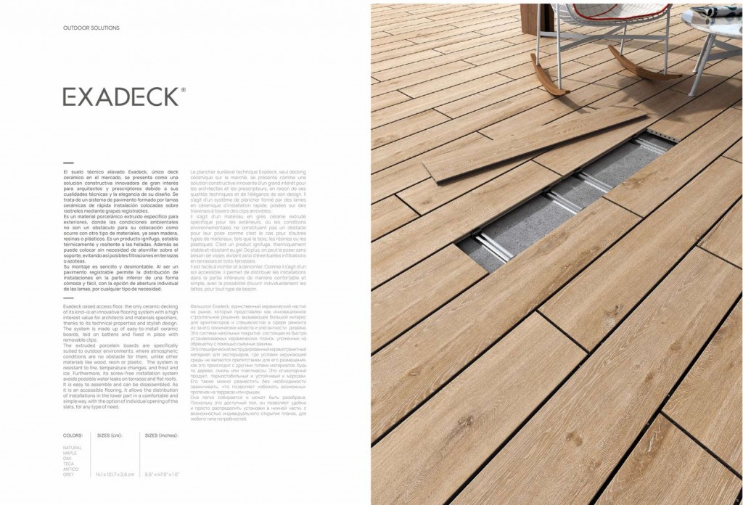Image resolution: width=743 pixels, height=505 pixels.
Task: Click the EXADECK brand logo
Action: point(119,97)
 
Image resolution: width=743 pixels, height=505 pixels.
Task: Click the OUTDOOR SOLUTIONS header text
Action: point(91,28)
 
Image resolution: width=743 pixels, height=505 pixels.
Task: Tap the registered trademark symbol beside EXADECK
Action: point(183,91)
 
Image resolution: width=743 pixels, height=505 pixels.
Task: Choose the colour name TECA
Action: point(69,464)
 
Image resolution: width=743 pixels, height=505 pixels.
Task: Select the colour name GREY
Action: point(69,474)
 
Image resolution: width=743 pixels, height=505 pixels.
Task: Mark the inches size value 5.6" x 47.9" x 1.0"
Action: point(163,474)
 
